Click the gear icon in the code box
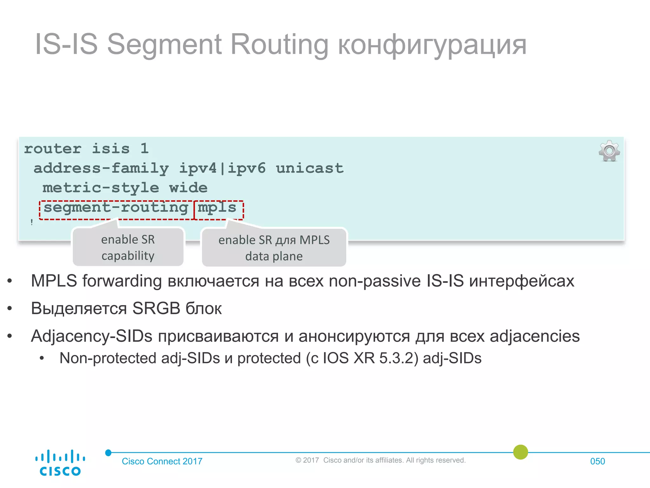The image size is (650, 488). point(609,151)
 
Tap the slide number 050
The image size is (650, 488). point(597,461)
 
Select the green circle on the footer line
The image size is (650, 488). point(521,452)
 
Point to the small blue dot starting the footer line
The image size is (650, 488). point(108,452)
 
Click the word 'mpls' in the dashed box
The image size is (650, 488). point(217,208)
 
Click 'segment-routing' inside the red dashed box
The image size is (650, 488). point(116,208)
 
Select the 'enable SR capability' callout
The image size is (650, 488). point(128,247)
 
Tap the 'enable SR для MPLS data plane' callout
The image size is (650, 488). point(274,248)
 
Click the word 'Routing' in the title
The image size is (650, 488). point(279,44)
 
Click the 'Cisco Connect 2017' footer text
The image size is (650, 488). point(162,461)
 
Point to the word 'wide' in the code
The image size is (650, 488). point(188,188)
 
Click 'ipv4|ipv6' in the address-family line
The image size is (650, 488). point(222,168)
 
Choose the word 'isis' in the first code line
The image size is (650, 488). point(111,149)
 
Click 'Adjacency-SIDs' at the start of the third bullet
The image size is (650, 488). point(92,336)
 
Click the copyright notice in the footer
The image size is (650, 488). point(380,460)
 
